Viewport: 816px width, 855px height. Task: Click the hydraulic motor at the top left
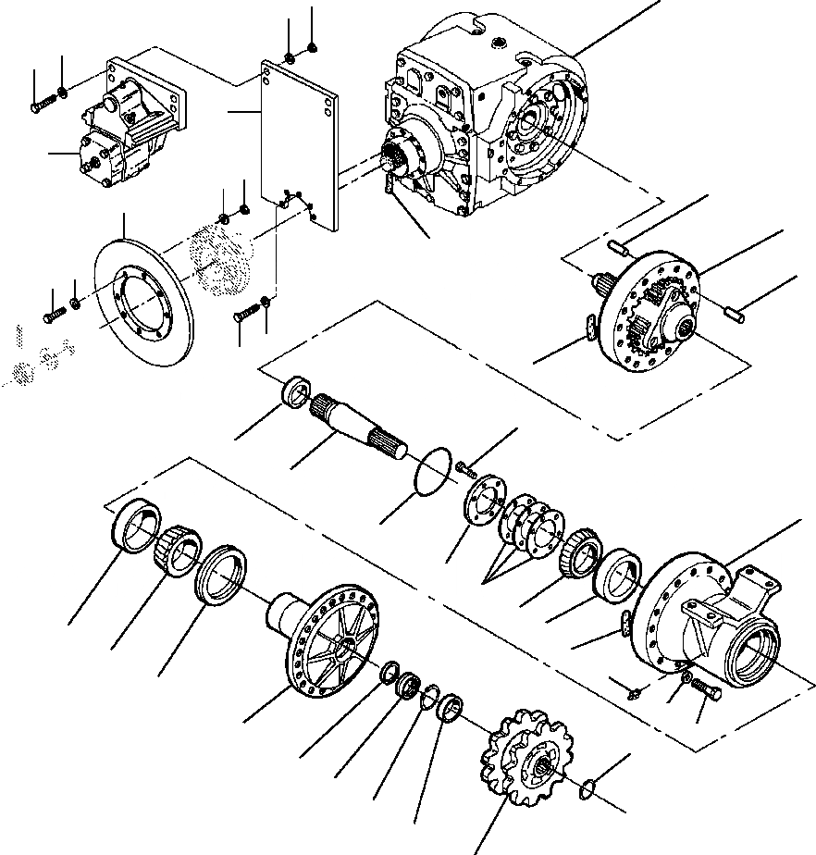pyautogui.click(x=134, y=125)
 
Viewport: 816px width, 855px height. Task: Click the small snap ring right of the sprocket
pyautogui.click(x=587, y=787)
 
